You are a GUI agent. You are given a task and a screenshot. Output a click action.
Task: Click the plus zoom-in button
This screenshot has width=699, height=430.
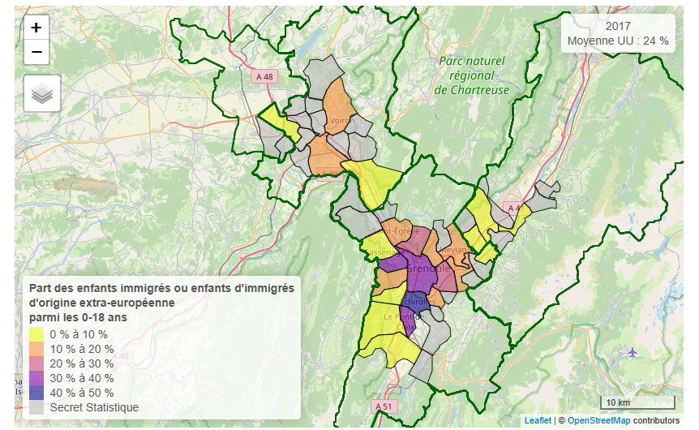(x=36, y=27)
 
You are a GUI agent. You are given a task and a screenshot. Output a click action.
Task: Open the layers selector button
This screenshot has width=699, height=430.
(x=42, y=94)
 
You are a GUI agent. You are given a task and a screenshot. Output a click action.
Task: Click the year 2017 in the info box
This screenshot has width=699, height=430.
(x=618, y=26)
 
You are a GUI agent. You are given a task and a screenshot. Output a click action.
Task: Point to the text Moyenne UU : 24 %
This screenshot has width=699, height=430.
(x=618, y=41)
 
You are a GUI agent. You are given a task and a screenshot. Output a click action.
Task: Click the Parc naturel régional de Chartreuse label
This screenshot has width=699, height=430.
(x=472, y=75)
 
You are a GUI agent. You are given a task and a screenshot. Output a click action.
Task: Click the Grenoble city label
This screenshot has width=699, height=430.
(x=427, y=268)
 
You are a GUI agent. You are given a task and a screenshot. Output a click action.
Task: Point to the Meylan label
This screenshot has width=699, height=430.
(x=457, y=250)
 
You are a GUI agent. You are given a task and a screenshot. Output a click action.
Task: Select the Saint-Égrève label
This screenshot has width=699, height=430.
(x=397, y=231)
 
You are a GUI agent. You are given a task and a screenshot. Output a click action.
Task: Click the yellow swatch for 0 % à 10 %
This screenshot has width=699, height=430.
(x=36, y=334)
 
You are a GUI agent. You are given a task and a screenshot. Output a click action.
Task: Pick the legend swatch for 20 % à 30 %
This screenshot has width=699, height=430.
(x=36, y=363)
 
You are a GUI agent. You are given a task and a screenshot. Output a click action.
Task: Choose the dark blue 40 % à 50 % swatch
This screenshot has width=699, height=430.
(x=36, y=393)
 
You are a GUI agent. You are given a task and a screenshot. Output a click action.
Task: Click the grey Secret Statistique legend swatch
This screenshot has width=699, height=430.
(x=36, y=407)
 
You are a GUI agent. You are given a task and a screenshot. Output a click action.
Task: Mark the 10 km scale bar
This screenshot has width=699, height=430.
(x=637, y=402)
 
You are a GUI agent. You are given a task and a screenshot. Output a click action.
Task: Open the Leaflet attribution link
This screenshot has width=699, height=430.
(x=537, y=420)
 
